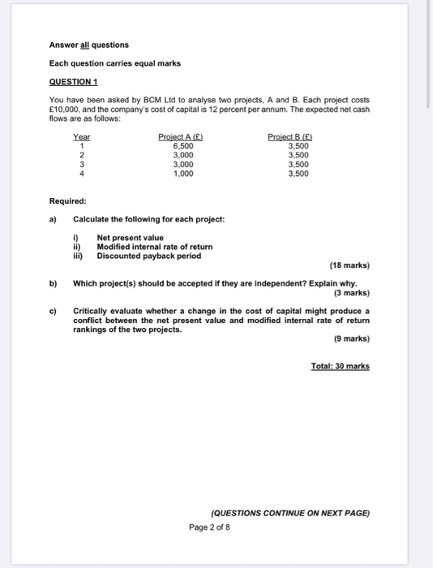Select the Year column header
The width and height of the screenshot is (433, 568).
pyautogui.click(x=82, y=137)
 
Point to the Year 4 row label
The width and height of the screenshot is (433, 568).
pyautogui.click(x=81, y=173)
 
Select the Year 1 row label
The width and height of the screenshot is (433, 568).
pyautogui.click(x=81, y=146)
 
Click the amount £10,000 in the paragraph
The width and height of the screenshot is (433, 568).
pyautogui.click(x=65, y=109)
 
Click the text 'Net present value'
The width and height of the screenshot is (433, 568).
pyautogui.click(x=130, y=238)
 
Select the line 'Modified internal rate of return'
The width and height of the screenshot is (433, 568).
pyautogui.click(x=154, y=247)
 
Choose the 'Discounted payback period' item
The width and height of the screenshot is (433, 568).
pyautogui.click(x=148, y=256)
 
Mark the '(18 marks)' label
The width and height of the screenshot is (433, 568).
pyautogui.click(x=349, y=265)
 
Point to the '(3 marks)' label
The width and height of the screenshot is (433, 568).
pyautogui.click(x=351, y=292)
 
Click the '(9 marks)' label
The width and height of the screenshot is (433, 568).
pyautogui.click(x=351, y=338)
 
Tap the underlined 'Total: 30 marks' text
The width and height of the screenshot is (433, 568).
pyautogui.click(x=340, y=366)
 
